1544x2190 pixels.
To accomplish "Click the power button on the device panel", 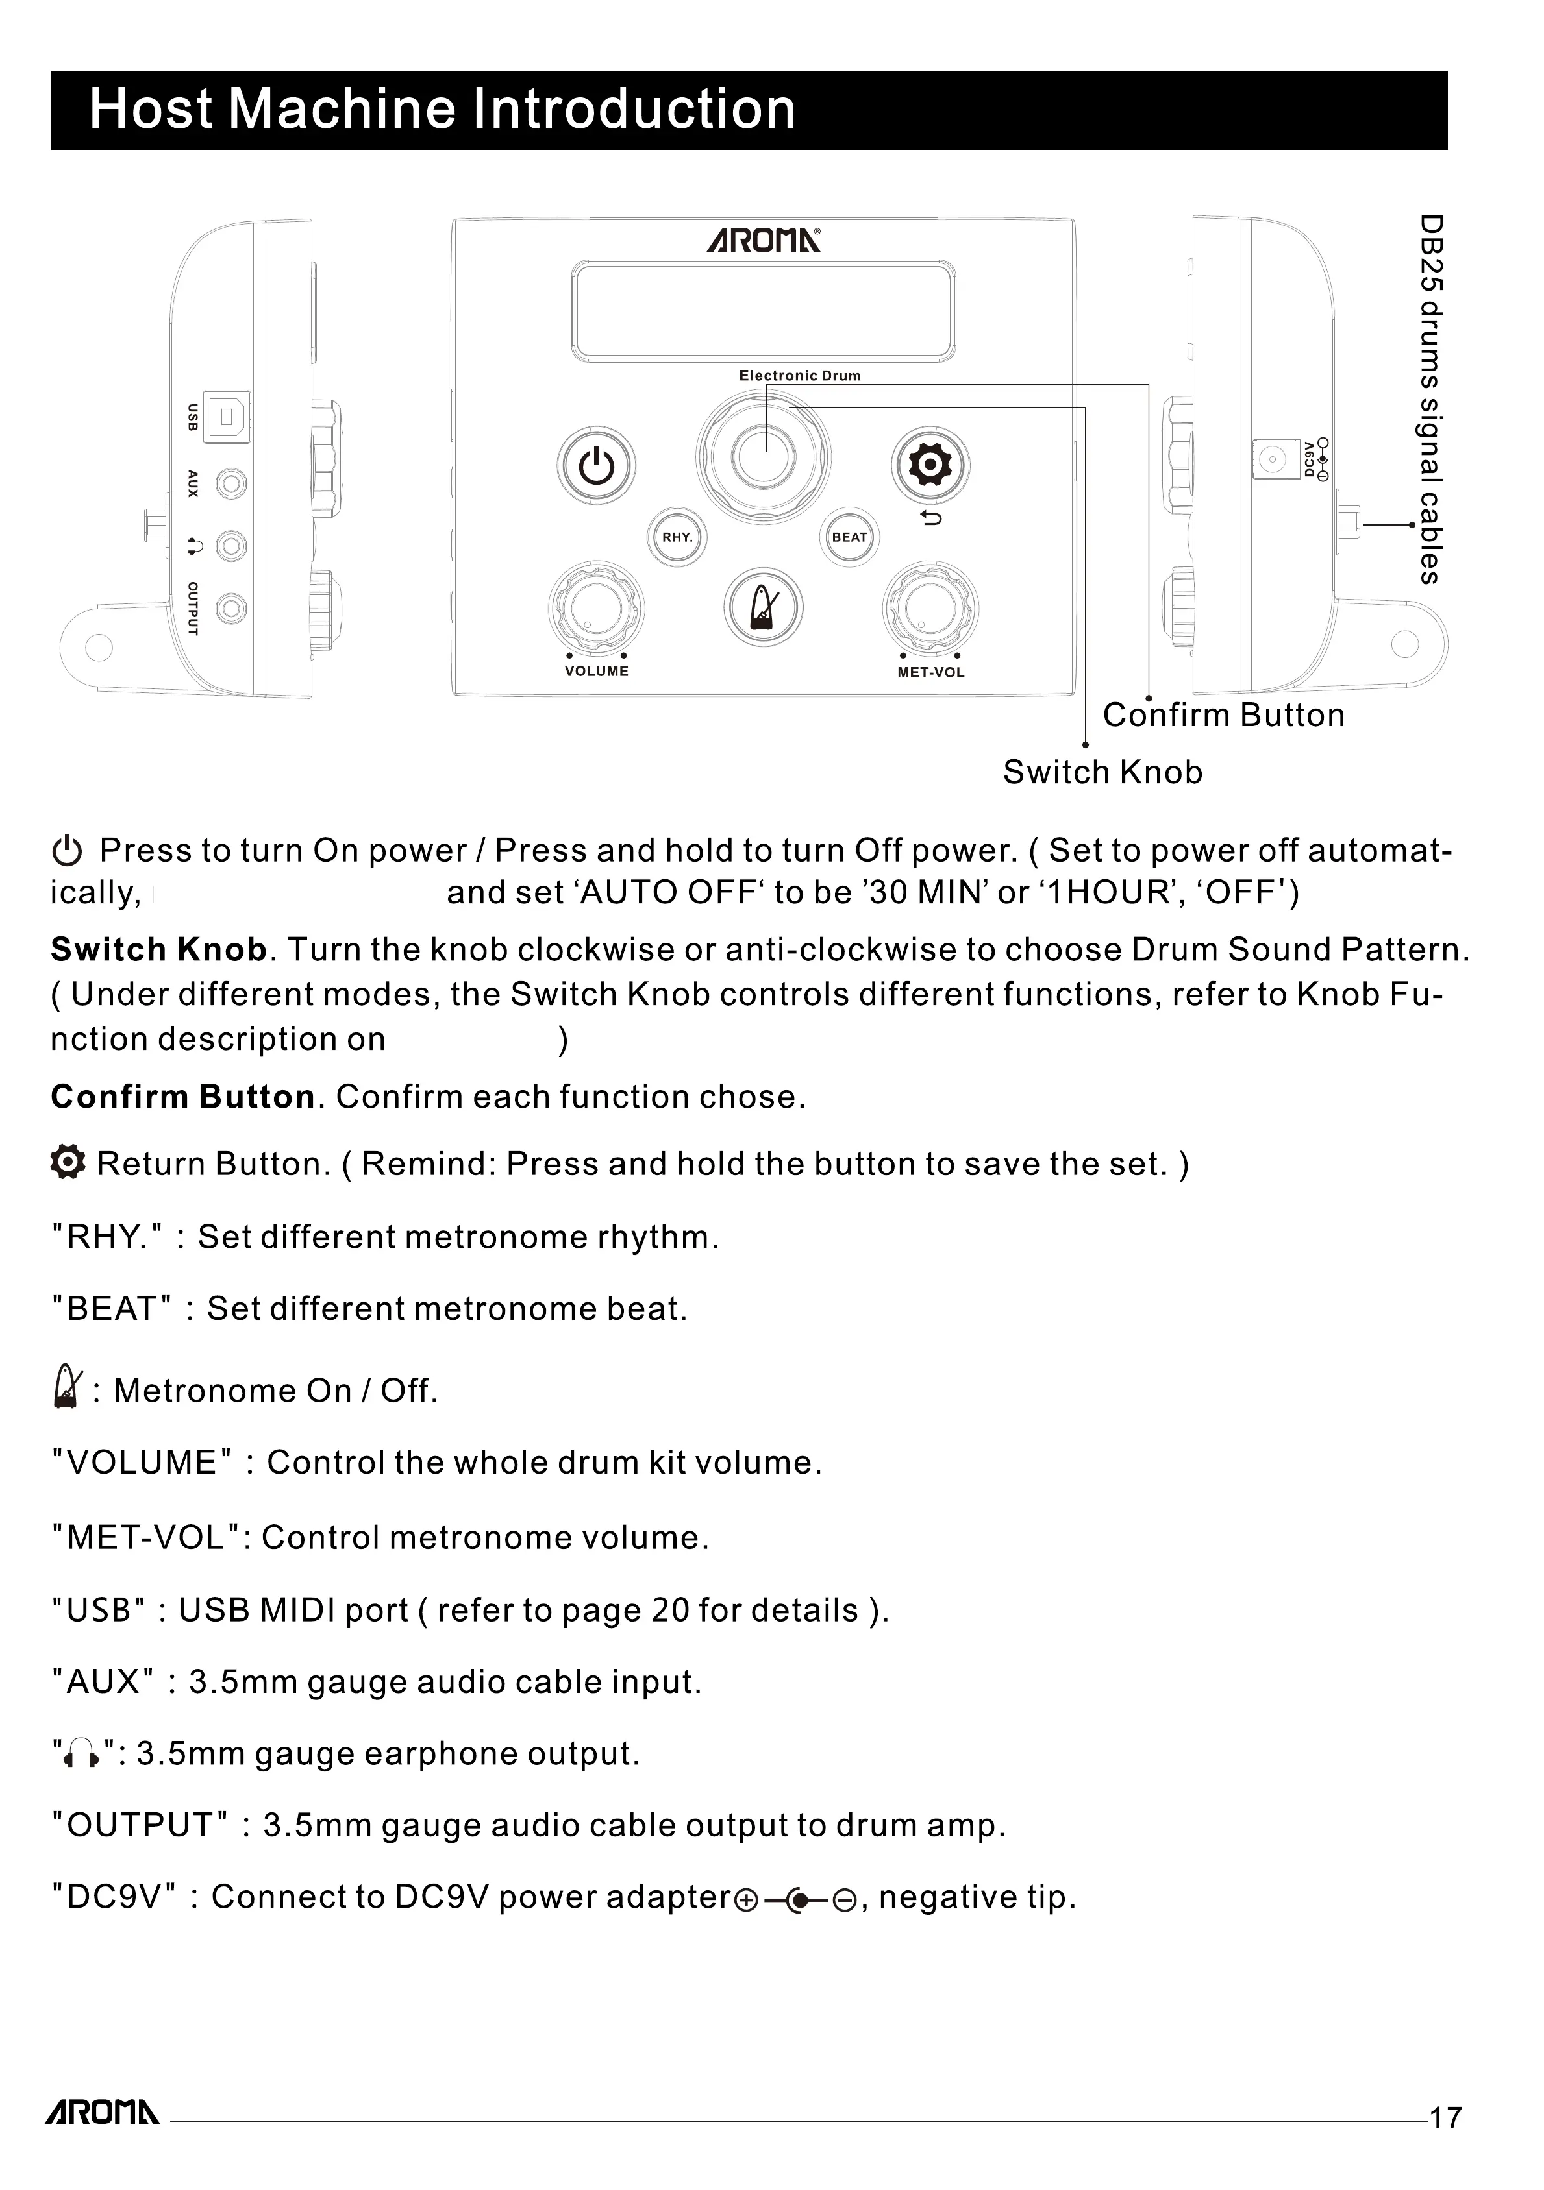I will (x=597, y=467).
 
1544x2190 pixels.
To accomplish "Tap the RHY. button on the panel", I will (x=677, y=537).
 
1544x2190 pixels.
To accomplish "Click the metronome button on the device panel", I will (x=764, y=607).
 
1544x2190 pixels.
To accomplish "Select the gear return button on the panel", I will (x=930, y=465).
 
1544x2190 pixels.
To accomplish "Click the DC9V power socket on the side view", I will (x=1270, y=460).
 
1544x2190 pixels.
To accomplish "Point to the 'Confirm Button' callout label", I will (x=1223, y=715).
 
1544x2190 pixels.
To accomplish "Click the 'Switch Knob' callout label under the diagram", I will (x=1102, y=773).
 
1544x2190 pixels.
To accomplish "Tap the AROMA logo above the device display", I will (x=764, y=240).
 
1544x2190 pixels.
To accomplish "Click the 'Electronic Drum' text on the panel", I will (x=800, y=376).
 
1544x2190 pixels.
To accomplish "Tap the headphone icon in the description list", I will (x=81, y=1753).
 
